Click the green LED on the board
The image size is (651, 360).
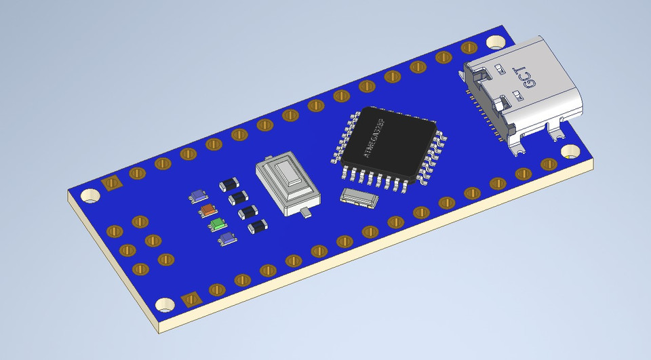[216, 224]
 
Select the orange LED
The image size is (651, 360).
[208, 210]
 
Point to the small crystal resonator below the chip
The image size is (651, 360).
[359, 197]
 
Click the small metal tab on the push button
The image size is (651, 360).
[307, 214]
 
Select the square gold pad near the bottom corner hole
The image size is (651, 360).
[191, 299]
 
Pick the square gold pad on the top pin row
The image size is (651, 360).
[110, 183]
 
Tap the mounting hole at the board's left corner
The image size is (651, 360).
[89, 197]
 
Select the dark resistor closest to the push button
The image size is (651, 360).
[256, 226]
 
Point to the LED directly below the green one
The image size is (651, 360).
[226, 237]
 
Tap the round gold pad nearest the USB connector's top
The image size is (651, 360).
[469, 48]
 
